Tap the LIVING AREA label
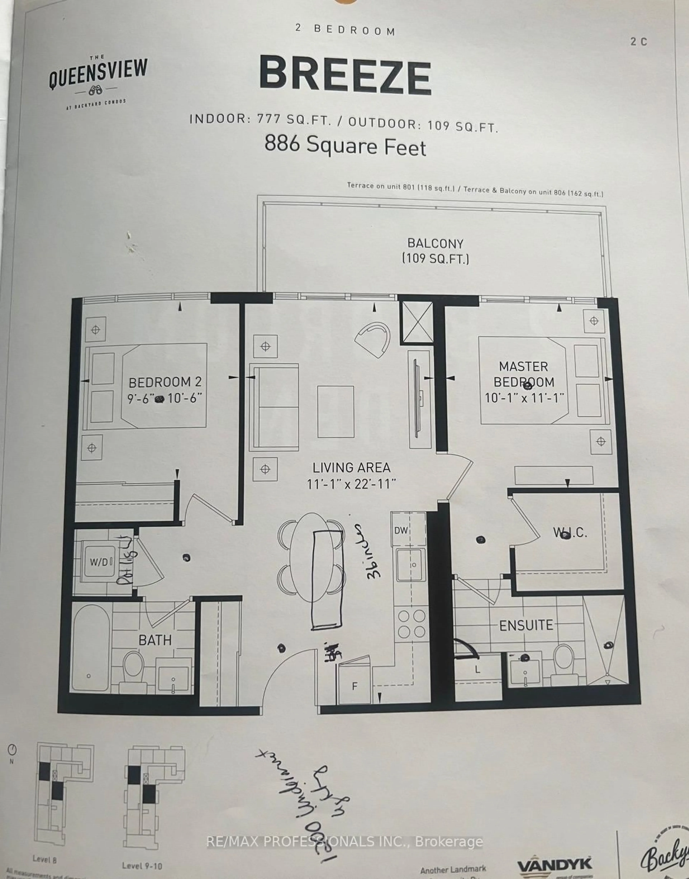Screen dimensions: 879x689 [x=351, y=468]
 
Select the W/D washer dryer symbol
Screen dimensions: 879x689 [x=99, y=562]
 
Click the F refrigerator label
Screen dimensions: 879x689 [x=355, y=686]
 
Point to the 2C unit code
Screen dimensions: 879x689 [x=639, y=42]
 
